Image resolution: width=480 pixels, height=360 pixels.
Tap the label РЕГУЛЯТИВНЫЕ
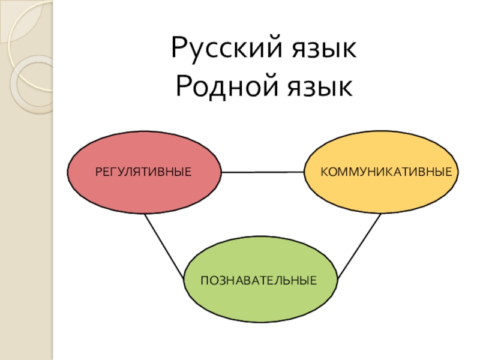tap(143, 172)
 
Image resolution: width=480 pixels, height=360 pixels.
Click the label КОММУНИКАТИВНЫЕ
tap(386, 172)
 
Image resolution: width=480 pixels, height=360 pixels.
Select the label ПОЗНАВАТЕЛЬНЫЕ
tap(259, 280)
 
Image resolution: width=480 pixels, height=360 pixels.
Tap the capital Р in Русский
tap(179, 48)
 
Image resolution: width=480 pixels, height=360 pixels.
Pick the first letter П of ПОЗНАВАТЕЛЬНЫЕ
tap(204, 280)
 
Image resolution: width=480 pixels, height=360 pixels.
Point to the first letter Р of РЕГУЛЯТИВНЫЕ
tap(98, 172)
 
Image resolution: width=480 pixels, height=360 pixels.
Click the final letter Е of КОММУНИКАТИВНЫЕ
tap(448, 172)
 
